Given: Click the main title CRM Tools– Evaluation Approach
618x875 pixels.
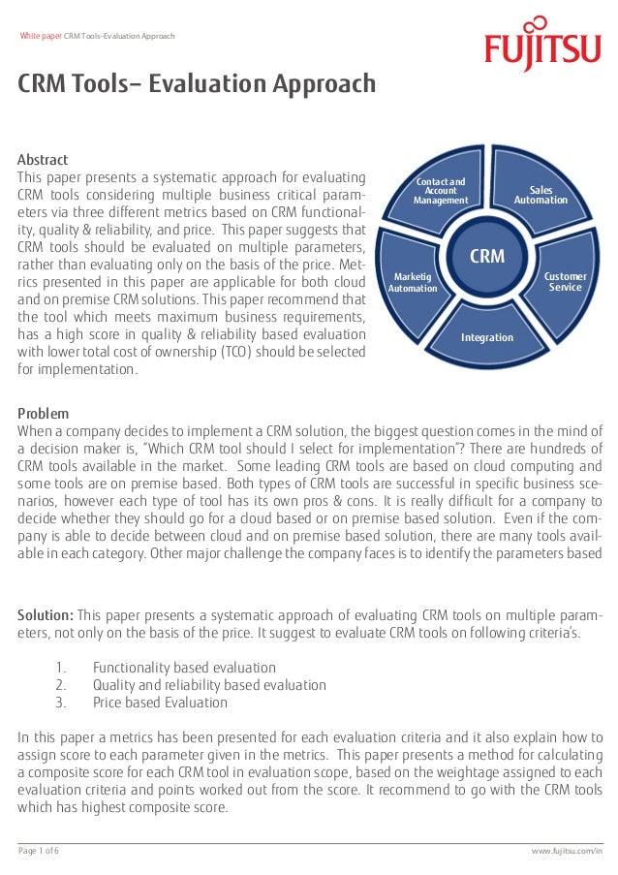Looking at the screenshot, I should click(197, 85).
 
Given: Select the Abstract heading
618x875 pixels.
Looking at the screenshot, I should click(43, 160).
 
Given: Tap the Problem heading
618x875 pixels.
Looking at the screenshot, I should click(44, 414).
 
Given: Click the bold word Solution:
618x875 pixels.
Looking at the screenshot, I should click(46, 615).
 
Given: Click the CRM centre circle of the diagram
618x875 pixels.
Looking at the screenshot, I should click(486, 256).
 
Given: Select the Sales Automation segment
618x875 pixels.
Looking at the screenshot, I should click(541, 195).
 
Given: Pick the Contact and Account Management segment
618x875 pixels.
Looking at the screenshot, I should click(441, 191).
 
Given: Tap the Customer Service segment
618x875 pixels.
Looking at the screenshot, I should click(566, 282).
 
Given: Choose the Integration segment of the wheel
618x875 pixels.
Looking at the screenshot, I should click(487, 337).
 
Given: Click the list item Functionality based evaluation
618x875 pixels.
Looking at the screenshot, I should click(184, 668).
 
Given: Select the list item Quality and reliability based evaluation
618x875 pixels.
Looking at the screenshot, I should click(209, 685).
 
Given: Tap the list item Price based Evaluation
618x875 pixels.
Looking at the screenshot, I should click(160, 703).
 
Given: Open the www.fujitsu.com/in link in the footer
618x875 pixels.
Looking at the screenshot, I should click(567, 851).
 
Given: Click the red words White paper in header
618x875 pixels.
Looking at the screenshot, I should click(41, 36).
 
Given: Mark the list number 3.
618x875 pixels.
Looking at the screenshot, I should click(60, 703).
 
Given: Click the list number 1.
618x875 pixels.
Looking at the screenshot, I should click(60, 668).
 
